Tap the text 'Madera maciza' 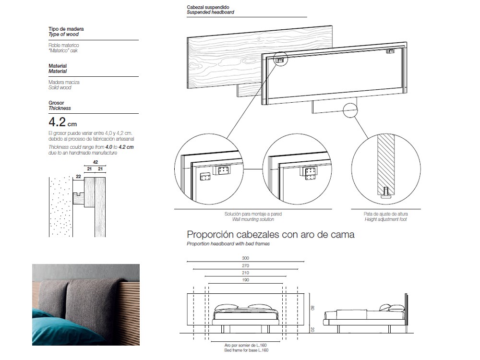tap(64, 83)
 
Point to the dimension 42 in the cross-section tap(96, 162)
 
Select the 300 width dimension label tap(246, 258)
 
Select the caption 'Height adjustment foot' tap(386, 219)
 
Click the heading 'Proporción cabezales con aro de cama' tap(270, 235)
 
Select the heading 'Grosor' tap(56, 103)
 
